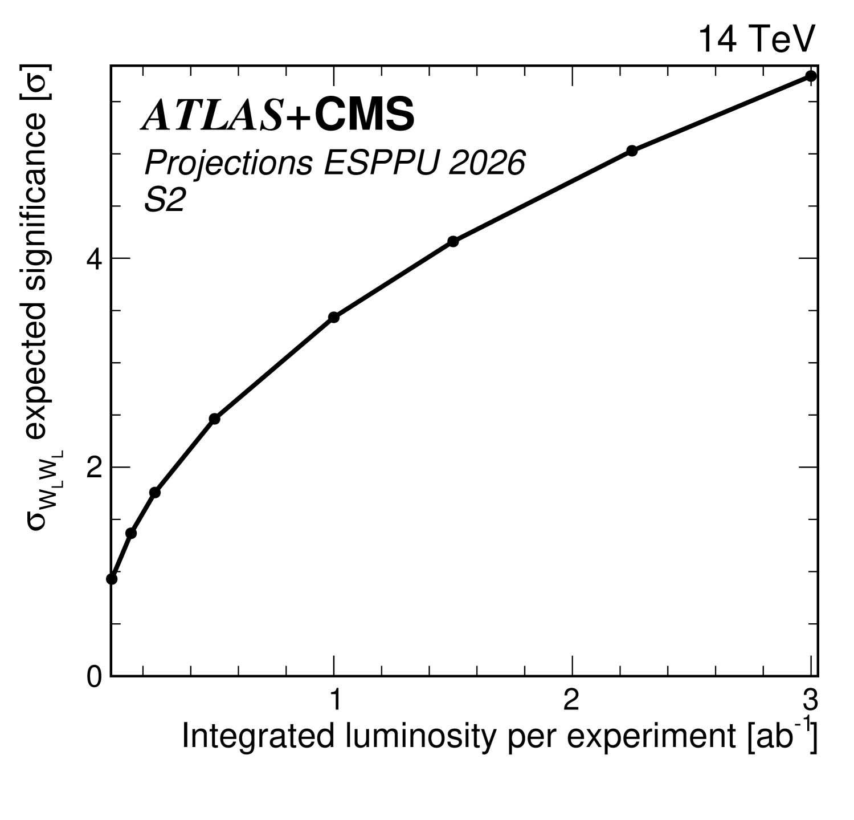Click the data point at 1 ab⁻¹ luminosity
tap(334, 317)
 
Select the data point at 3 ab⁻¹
tap(810, 76)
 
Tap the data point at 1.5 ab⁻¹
tap(453, 241)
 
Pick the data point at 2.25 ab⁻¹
tap(632, 151)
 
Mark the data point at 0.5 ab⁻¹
tap(214, 419)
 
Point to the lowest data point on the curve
tap(112, 579)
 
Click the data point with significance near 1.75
tap(154, 492)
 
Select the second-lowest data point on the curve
tap(131, 533)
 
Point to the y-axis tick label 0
tap(94, 677)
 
